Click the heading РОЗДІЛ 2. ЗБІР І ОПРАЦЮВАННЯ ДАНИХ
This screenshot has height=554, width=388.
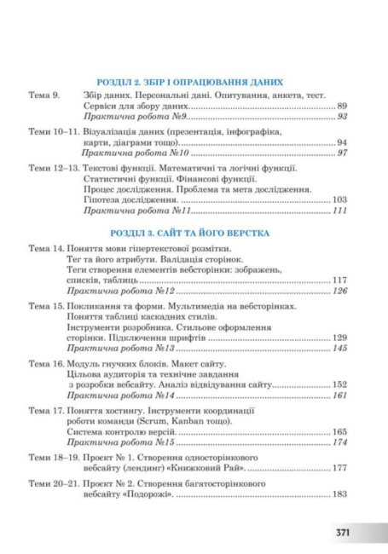pos(190,82)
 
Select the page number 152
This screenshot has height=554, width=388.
pos(339,385)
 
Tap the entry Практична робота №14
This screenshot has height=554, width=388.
pos(119,396)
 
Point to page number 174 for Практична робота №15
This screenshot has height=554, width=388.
pos(339,443)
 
